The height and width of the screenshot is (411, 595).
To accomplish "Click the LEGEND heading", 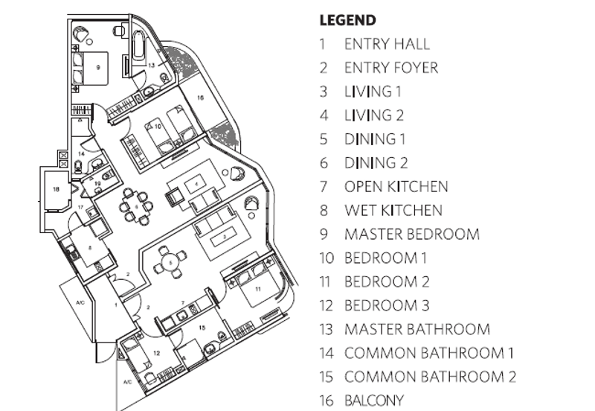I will click(x=347, y=20).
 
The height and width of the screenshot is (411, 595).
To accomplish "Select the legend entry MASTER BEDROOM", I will click(x=411, y=235).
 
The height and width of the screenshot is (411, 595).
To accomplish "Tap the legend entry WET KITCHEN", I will click(x=393, y=211).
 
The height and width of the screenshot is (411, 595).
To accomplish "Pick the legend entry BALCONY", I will click(x=373, y=401).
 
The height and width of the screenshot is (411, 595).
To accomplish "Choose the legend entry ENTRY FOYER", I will click(x=390, y=68).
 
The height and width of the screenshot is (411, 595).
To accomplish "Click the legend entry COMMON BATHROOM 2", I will click(x=429, y=377).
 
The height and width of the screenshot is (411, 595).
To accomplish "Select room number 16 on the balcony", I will click(x=200, y=98).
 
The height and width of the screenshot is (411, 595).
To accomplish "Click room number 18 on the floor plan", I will click(x=56, y=190).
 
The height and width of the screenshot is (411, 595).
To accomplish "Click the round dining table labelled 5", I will click(x=170, y=262).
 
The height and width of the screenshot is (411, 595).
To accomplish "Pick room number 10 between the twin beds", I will click(x=158, y=127).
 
